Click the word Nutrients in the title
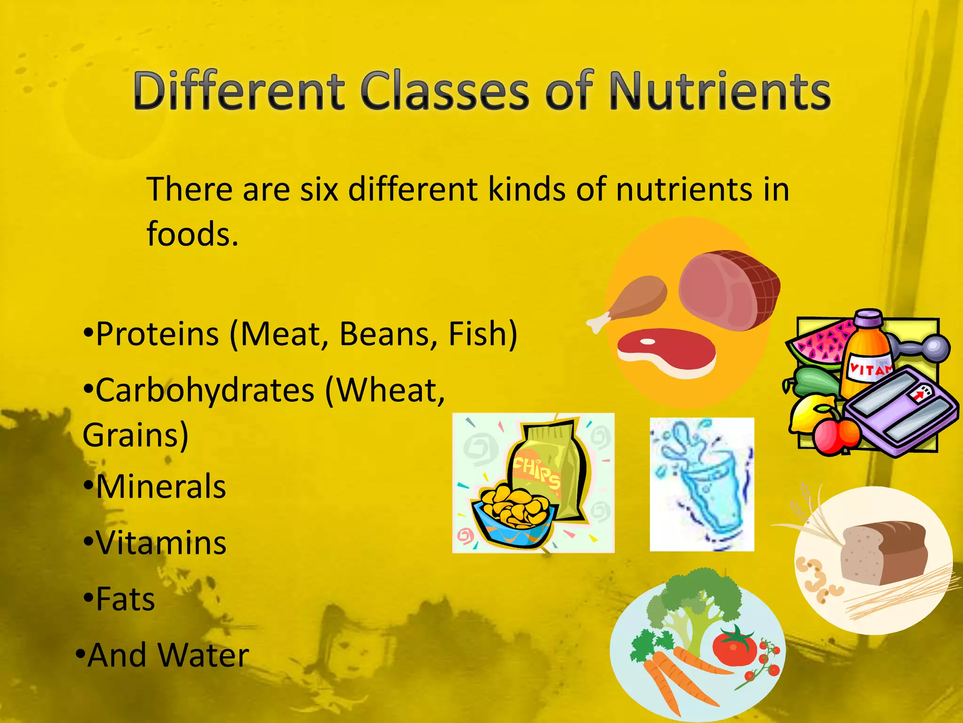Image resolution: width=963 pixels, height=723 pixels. [719, 92]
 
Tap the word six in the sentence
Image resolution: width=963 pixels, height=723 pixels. [319, 190]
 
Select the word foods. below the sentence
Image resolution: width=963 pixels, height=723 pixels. [192, 234]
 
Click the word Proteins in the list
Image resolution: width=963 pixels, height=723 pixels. [158, 334]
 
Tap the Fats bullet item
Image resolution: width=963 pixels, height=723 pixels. [125, 600]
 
